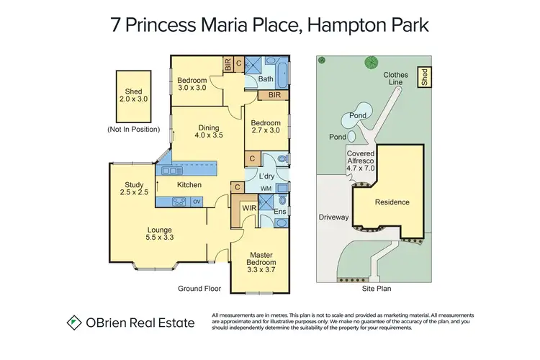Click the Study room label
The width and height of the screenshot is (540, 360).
coord(134,189)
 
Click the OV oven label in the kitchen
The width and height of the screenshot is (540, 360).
coord(197,201)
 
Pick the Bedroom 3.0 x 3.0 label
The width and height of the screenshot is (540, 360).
coord(192,84)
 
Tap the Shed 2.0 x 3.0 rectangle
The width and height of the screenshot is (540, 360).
coord(133,95)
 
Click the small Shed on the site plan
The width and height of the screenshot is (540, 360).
coord(424,77)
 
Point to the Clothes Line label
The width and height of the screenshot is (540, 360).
coord(397,79)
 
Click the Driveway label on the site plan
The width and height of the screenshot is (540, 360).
coord(333,217)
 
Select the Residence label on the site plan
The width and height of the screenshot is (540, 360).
coord(392,202)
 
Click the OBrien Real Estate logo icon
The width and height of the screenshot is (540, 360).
coord(73,323)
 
